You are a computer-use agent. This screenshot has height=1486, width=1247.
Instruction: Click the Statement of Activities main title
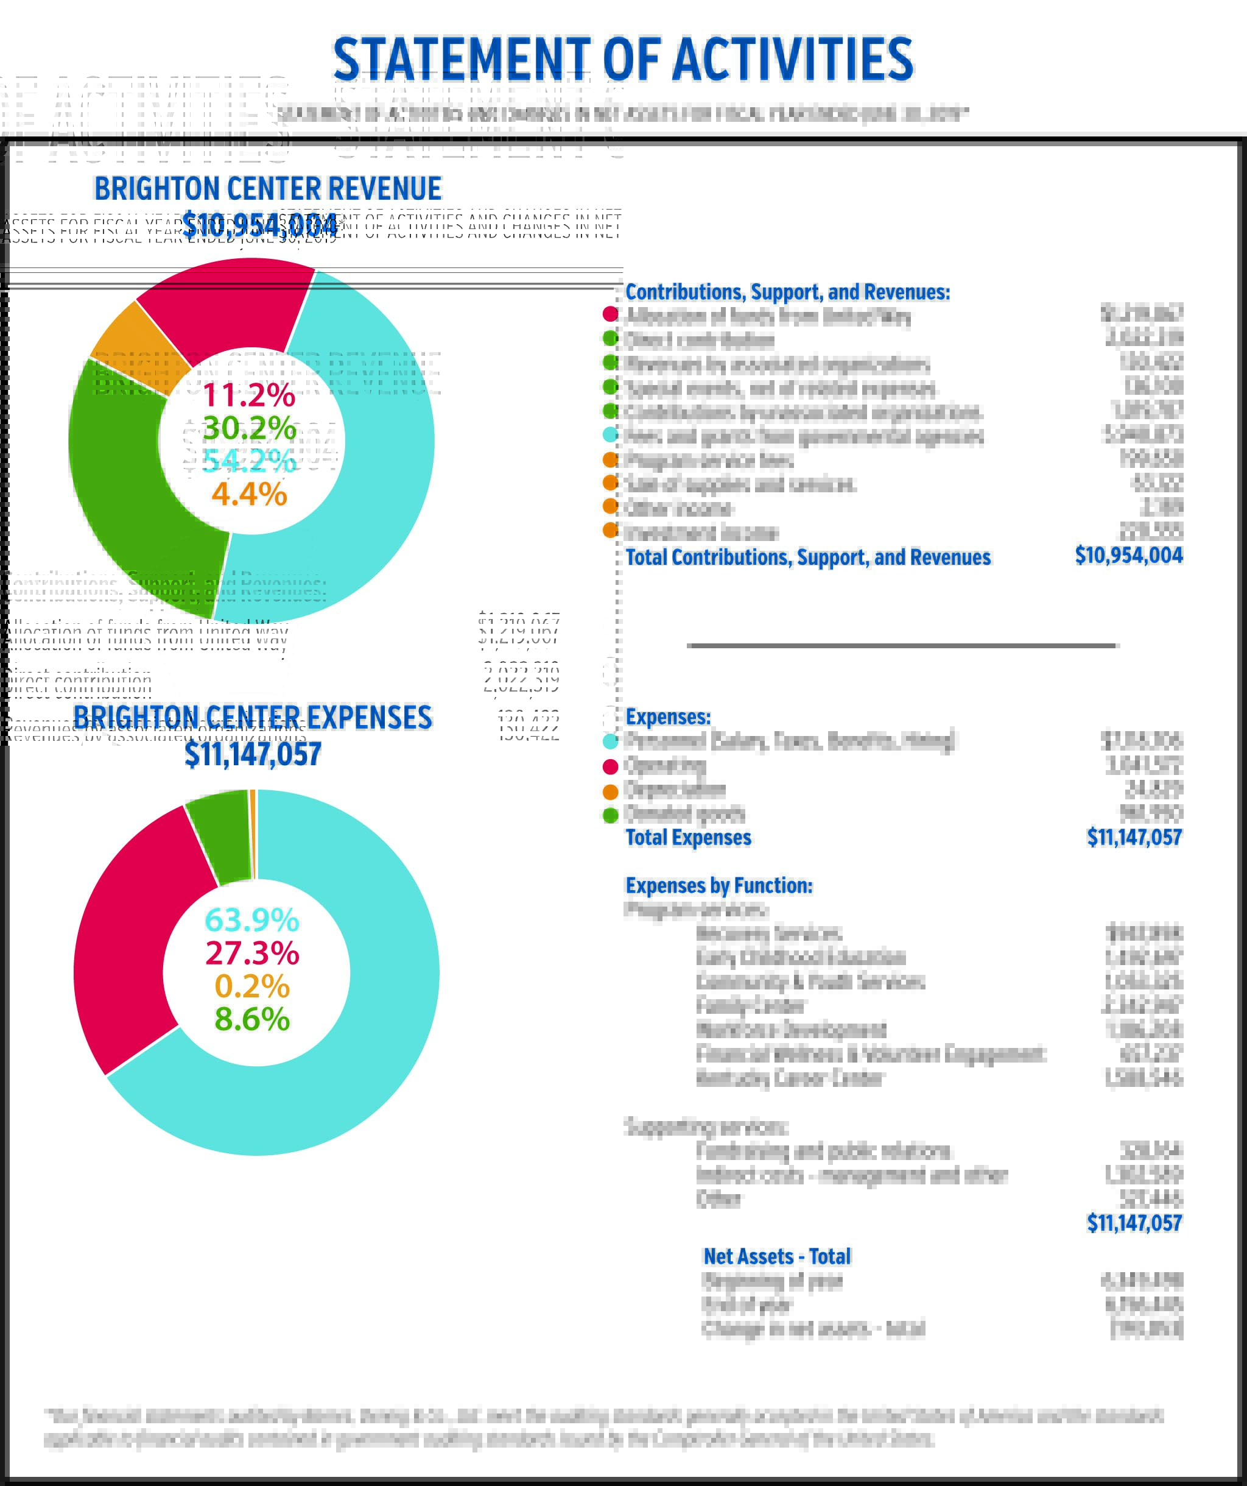tap(622, 60)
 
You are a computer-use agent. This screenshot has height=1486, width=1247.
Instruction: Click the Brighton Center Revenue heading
tap(267, 189)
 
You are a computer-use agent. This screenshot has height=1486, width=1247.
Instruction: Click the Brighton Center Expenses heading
tap(253, 718)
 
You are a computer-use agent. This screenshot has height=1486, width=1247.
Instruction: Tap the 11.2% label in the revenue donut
tap(249, 395)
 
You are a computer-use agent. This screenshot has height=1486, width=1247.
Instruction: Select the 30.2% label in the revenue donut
tap(249, 428)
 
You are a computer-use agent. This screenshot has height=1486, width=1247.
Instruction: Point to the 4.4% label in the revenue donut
tap(249, 494)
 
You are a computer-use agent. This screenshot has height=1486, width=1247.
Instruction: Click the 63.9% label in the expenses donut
tap(252, 920)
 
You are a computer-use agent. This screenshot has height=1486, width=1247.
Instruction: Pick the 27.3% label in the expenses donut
tap(252, 953)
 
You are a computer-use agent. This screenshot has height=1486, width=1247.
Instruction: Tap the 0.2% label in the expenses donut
tap(252, 986)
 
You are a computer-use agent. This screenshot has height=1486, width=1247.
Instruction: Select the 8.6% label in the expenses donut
tap(252, 1019)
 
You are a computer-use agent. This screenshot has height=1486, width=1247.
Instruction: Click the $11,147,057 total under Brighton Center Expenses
tap(253, 754)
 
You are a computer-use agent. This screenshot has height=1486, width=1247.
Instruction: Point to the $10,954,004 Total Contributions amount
tap(1128, 556)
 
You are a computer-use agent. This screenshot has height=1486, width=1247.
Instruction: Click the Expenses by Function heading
tap(718, 886)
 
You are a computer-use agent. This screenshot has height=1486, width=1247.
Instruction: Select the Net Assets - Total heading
tap(776, 1257)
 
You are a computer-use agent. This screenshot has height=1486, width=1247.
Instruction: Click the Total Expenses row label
tap(688, 838)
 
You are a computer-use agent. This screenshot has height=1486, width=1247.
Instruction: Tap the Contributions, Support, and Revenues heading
tap(787, 292)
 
